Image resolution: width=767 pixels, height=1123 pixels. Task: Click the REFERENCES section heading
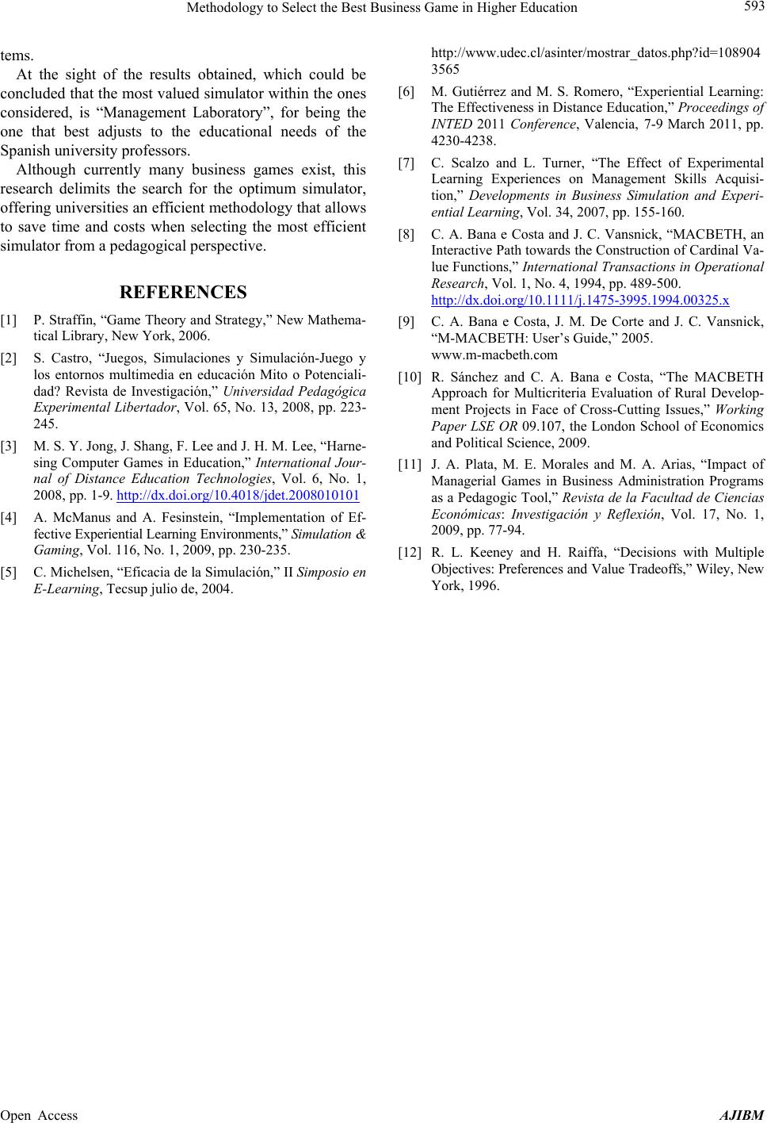183,292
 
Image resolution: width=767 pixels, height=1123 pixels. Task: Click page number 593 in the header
750,8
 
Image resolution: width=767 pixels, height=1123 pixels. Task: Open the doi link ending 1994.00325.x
580,299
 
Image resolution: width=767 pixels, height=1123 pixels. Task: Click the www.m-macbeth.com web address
494,355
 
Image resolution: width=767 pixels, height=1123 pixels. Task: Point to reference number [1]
10,320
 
